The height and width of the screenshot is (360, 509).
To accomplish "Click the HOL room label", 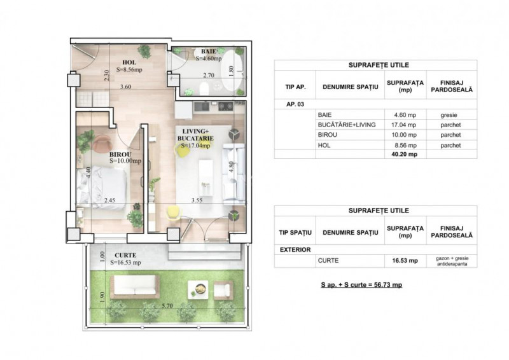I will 129,62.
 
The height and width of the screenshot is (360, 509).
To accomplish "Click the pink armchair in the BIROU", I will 101,144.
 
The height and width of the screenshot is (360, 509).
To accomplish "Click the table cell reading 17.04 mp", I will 403,125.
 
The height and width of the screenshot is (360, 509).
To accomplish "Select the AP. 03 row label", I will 288,104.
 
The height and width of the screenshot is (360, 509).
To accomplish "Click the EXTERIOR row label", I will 295,250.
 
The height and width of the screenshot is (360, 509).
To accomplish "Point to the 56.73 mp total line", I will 361,284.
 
